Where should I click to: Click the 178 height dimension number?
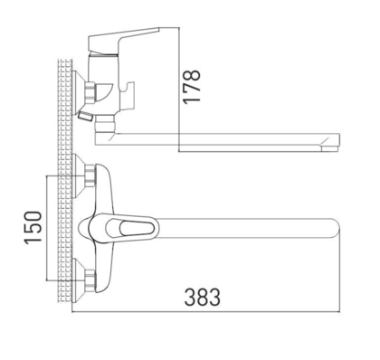[193, 78]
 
